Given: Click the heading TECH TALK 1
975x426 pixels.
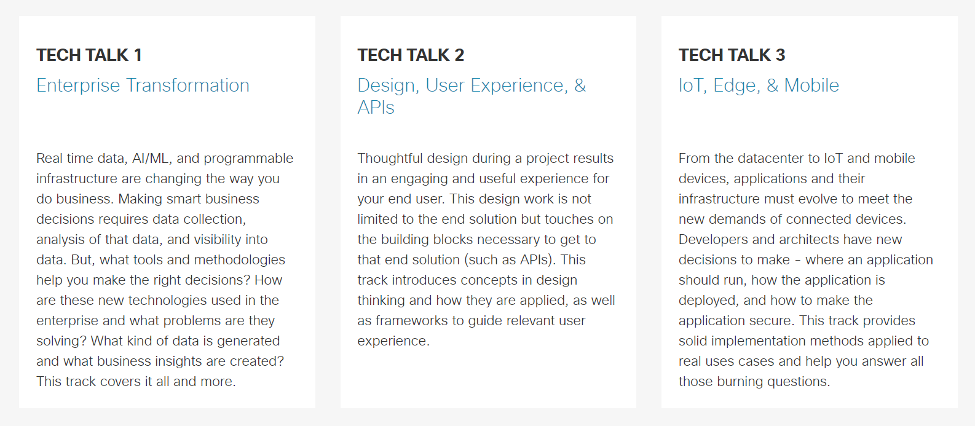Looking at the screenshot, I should (x=89, y=55).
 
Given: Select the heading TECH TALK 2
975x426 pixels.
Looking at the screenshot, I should (x=411, y=55).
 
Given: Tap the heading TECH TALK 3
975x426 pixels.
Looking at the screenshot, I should (x=732, y=55).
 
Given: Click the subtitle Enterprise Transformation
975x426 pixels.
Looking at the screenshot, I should (x=143, y=85).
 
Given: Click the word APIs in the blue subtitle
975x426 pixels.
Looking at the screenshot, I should (x=376, y=108).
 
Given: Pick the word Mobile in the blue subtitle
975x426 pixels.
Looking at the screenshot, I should (x=811, y=85).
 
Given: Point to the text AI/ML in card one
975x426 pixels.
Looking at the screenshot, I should (x=151, y=159).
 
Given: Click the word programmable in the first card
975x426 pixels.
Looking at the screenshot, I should (x=248, y=159).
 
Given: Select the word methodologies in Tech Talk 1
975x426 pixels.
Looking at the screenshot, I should (x=239, y=260).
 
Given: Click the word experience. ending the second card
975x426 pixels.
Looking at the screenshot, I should (x=393, y=341).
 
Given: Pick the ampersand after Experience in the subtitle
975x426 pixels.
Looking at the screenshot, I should (x=580, y=85).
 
